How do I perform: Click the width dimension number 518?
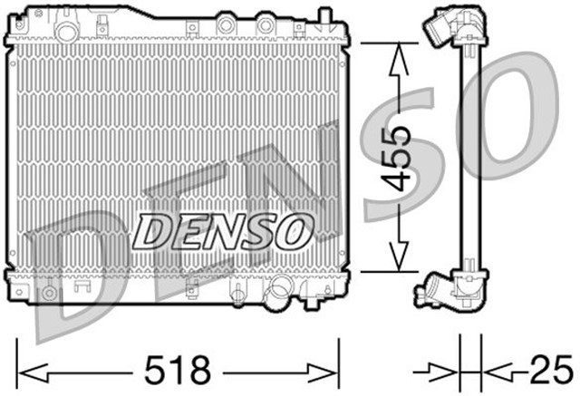pos(178,370)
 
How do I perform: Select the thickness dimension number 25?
pos(545,370)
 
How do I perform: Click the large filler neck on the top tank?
pos(64,30)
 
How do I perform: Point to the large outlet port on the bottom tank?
pos(279,292)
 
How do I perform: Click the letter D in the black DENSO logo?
pos(155,231)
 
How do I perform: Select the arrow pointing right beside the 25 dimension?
pos(445,370)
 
